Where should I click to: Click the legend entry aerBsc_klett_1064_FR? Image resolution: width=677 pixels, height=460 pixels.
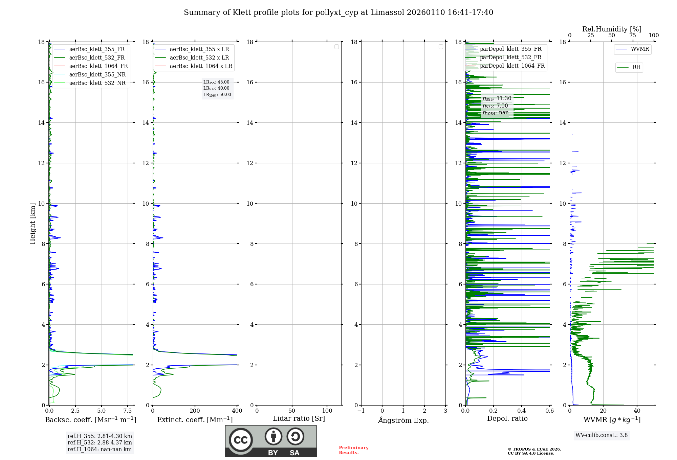tap(98, 66)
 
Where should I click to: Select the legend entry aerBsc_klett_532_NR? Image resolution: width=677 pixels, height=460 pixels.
tap(97, 83)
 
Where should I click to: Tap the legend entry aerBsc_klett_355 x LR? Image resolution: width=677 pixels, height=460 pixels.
tap(199, 49)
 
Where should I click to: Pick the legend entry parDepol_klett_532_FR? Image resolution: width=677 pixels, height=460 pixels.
tap(510, 57)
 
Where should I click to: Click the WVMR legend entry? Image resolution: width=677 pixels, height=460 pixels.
tap(640, 49)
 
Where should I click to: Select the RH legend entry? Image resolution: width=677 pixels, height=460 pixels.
tap(636, 67)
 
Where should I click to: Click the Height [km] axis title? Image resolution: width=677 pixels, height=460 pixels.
tap(32, 224)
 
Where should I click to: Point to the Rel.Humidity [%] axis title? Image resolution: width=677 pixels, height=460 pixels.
tap(612, 29)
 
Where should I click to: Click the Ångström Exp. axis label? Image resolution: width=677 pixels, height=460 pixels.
tap(403, 420)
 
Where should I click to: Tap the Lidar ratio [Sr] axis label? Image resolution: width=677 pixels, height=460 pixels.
tap(299, 419)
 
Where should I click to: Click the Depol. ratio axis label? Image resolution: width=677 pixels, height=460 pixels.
tap(507, 419)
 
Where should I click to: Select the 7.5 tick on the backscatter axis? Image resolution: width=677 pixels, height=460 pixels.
tap(128, 411)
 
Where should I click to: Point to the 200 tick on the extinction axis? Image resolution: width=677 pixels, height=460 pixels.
tap(195, 411)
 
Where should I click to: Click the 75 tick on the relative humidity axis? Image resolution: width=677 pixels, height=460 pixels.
tap(632, 36)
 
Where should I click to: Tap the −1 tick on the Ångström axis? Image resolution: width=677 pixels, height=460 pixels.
tap(361, 411)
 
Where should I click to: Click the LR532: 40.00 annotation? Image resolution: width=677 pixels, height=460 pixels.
tap(216, 88)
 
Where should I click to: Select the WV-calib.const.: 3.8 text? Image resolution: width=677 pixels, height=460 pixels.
tap(602, 435)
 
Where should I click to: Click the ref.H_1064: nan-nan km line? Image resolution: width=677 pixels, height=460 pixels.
tap(100, 450)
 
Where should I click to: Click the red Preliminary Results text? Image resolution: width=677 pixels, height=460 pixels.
tap(353, 450)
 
